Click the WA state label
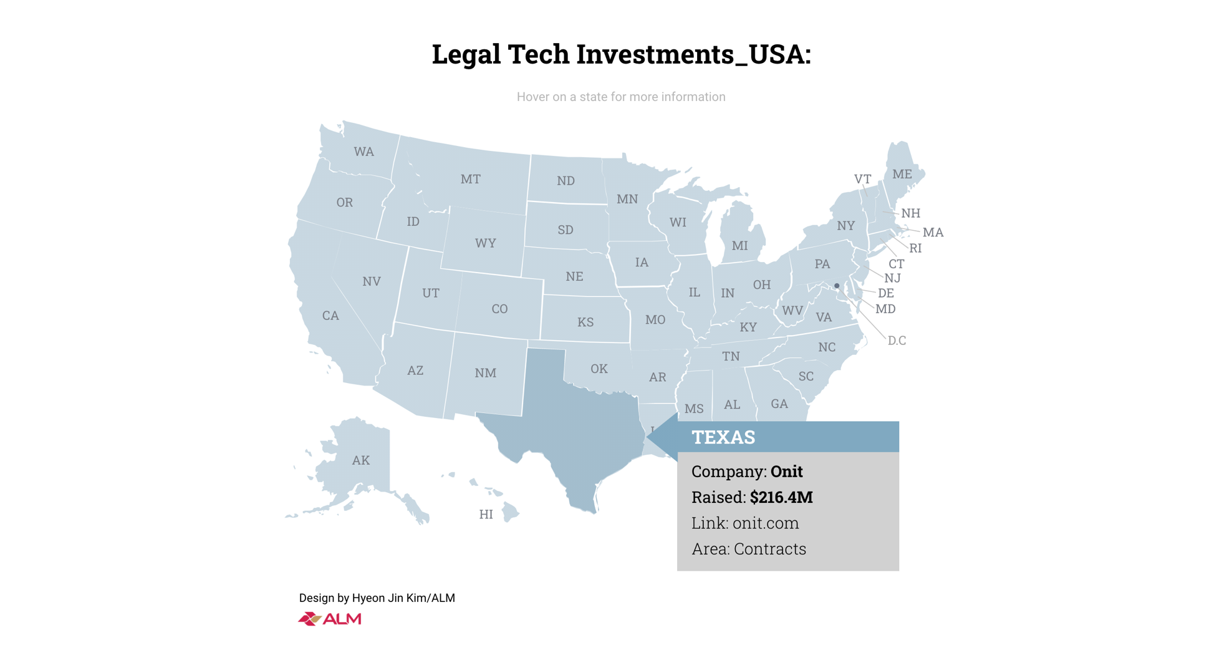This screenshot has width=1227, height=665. click(363, 152)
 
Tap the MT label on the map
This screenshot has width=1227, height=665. click(470, 180)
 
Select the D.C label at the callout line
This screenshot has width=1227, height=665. click(897, 341)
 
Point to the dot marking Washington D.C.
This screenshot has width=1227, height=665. click(837, 286)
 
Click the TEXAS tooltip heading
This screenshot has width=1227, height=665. click(723, 437)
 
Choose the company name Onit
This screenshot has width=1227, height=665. click(786, 472)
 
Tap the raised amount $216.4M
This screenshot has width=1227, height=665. click(781, 497)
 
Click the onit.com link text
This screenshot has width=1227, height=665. click(765, 523)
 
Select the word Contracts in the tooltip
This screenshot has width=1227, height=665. click(769, 549)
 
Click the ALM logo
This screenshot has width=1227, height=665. click(330, 619)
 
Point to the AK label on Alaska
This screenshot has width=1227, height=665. click(360, 460)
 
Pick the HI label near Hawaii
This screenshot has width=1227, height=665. click(486, 515)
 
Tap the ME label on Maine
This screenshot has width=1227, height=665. click(902, 175)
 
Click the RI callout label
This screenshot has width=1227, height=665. click(915, 248)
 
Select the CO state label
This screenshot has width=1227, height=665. click(499, 309)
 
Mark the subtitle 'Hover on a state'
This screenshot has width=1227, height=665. click(621, 97)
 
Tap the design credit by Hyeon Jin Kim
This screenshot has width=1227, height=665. click(377, 598)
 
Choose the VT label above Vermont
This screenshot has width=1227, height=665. click(862, 180)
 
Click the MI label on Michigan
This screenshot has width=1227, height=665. click(739, 246)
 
